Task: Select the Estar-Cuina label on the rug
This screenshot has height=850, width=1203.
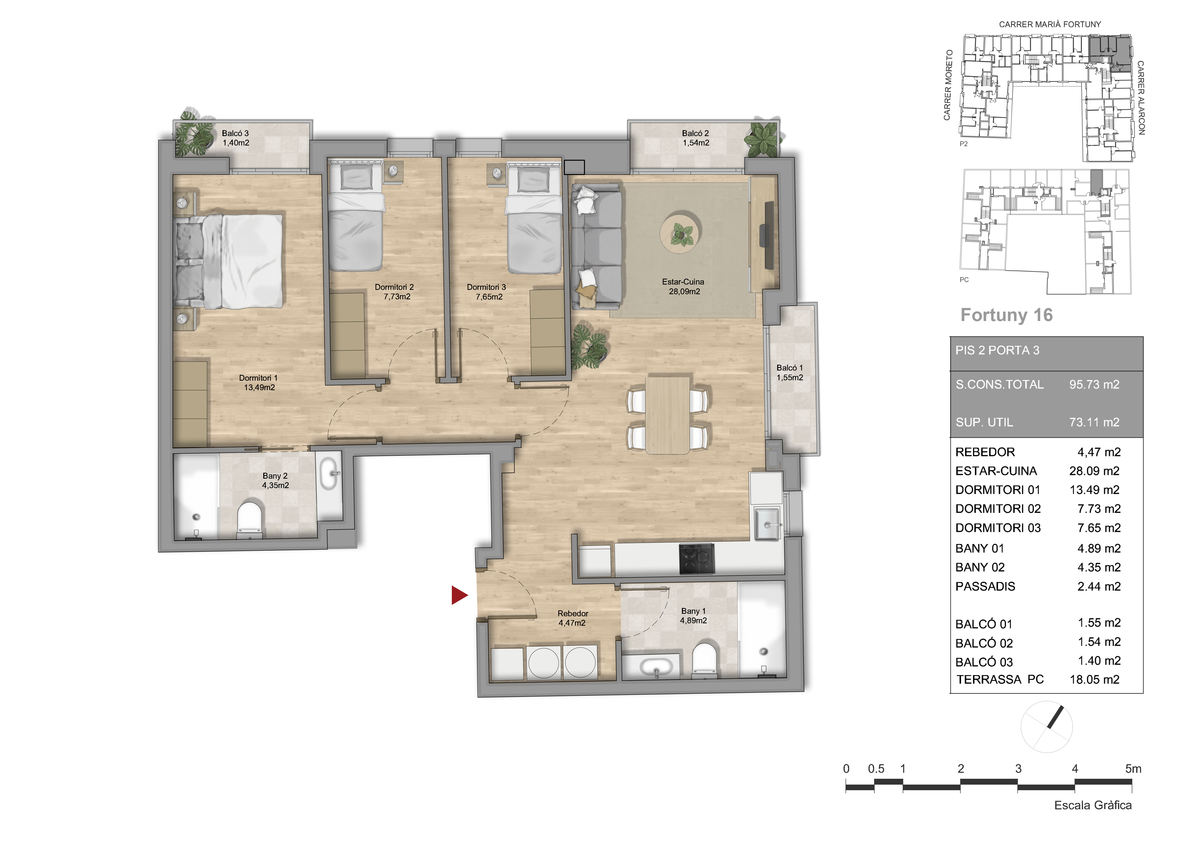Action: [683, 286]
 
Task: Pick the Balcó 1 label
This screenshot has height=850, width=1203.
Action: [790, 372]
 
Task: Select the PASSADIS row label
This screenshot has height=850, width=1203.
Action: [985, 587]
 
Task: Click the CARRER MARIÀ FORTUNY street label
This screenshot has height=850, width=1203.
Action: [1050, 24]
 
